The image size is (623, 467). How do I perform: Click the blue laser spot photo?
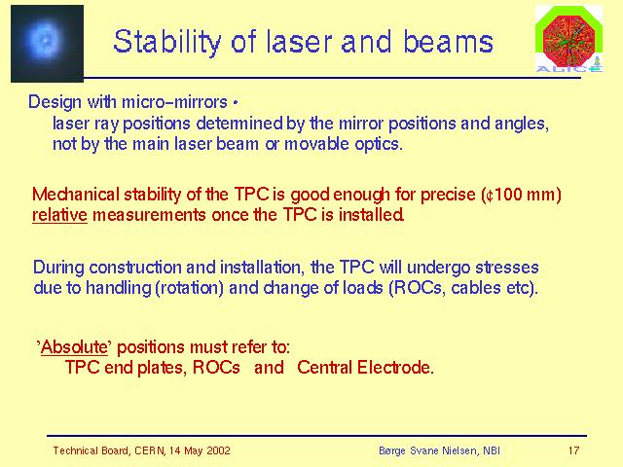[x=47, y=44]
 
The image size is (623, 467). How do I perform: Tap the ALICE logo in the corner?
[x=568, y=39]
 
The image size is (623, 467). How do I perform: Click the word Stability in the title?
[x=166, y=43]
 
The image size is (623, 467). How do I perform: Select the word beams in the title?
[x=448, y=42]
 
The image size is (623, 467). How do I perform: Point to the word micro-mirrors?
[x=174, y=102]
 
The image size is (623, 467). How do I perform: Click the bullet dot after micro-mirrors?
[x=236, y=103]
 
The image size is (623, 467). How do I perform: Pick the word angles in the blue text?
[x=522, y=124]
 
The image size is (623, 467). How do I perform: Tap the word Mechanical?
[x=76, y=195]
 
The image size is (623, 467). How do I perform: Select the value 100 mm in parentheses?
[x=525, y=195]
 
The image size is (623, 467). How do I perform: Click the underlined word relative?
[x=59, y=215]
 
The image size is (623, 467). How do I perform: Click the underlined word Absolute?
[x=74, y=347]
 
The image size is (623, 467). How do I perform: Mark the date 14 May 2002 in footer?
[x=200, y=450]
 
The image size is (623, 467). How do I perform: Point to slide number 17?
[x=573, y=450]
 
